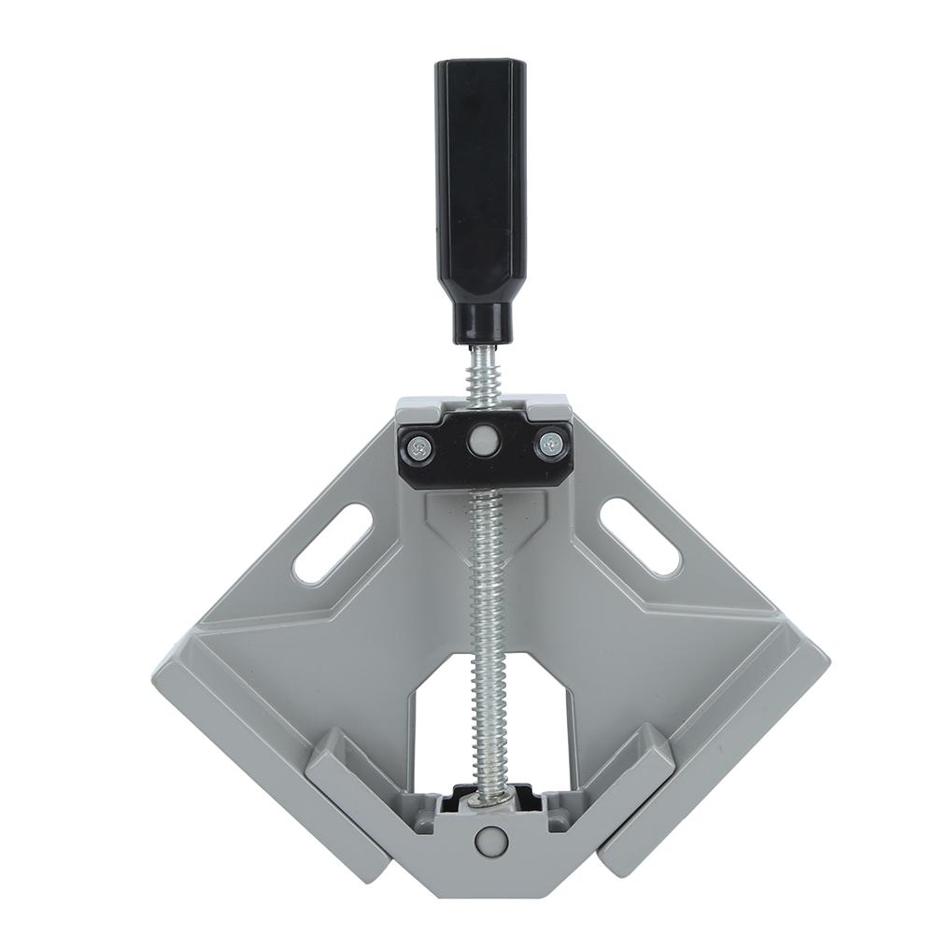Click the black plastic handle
(481, 187)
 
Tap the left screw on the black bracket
(419, 448)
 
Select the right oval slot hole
(640, 536)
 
